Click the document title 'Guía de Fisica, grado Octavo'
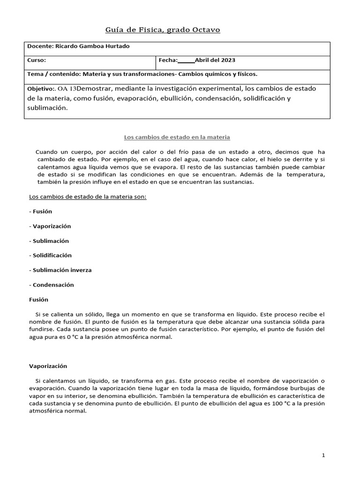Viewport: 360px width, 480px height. coord(162,30)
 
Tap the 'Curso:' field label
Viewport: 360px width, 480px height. coord(37,60)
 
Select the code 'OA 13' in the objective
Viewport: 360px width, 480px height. coord(67,89)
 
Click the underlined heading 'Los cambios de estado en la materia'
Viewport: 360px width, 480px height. coord(177,137)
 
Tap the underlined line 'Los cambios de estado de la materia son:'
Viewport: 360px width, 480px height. coord(88,197)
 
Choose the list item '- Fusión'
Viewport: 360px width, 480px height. coord(40,211)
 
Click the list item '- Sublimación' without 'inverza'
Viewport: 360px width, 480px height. coord(49,240)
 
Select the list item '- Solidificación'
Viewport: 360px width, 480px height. coord(50,255)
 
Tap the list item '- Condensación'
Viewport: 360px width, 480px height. coord(51,285)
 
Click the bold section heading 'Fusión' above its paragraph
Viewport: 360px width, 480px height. coord(38,299)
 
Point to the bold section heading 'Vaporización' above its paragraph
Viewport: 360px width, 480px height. coord(48,366)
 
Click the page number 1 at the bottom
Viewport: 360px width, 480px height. coord(323,455)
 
